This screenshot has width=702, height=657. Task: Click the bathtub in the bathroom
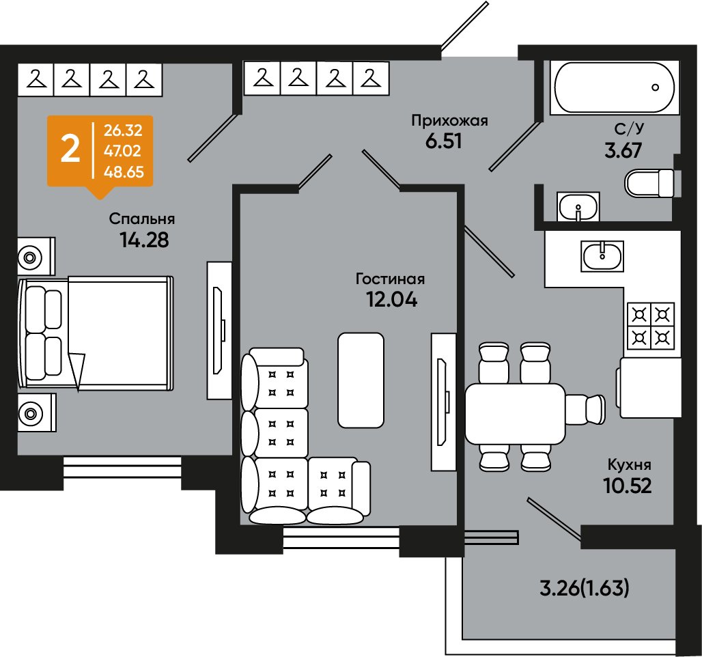click(614, 87)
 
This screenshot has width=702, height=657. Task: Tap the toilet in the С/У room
click(649, 183)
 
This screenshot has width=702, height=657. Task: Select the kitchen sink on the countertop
click(602, 255)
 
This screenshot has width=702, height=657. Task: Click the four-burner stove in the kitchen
click(651, 326)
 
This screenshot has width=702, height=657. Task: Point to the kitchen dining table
click(516, 413)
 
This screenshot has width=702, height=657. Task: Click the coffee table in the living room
click(361, 380)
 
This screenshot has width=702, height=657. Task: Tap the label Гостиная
click(390, 279)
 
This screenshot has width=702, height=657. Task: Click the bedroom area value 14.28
click(144, 240)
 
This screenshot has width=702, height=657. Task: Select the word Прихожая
click(449, 120)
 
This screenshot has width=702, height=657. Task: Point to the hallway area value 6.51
click(443, 141)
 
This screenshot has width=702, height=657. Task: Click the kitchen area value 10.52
click(627, 485)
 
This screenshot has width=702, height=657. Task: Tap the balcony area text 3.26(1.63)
click(585, 588)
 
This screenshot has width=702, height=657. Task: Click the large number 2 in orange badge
click(70, 150)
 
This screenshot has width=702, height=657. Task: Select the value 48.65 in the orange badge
click(124, 171)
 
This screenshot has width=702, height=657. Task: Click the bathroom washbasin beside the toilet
click(578, 206)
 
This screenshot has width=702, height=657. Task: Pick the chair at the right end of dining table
click(585, 409)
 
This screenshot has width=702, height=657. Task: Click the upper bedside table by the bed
click(36, 256)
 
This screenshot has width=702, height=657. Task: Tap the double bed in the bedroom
click(96, 333)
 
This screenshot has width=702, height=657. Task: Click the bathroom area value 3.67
click(623, 150)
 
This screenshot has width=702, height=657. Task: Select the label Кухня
click(629, 464)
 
